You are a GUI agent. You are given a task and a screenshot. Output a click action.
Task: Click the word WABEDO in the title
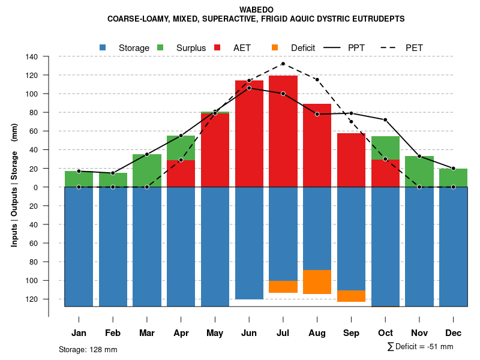[256, 10]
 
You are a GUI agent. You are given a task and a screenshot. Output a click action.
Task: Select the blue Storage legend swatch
[103, 47]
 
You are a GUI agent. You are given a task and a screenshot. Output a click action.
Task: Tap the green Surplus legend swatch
[160, 47]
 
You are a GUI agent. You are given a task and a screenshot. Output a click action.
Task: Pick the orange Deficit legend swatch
[275, 47]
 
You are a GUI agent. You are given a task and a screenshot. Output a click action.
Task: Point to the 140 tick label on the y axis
[32, 57]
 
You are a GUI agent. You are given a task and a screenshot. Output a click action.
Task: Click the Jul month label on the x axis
[283, 333]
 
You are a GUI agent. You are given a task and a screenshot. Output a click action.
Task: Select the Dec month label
[453, 333]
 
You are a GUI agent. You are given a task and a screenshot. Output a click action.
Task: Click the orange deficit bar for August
[317, 282]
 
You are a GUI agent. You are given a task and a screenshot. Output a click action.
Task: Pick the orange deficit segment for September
[351, 296]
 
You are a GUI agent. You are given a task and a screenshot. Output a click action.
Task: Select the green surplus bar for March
[147, 170]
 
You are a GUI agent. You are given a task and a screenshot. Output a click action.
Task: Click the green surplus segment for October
[385, 148]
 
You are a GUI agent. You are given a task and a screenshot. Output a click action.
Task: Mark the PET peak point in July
[283, 64]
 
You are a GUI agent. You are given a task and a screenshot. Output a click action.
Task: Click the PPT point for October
[385, 120]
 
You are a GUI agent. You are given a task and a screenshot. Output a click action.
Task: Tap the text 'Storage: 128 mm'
[88, 349]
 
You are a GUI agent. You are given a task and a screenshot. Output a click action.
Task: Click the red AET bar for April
[181, 173]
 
